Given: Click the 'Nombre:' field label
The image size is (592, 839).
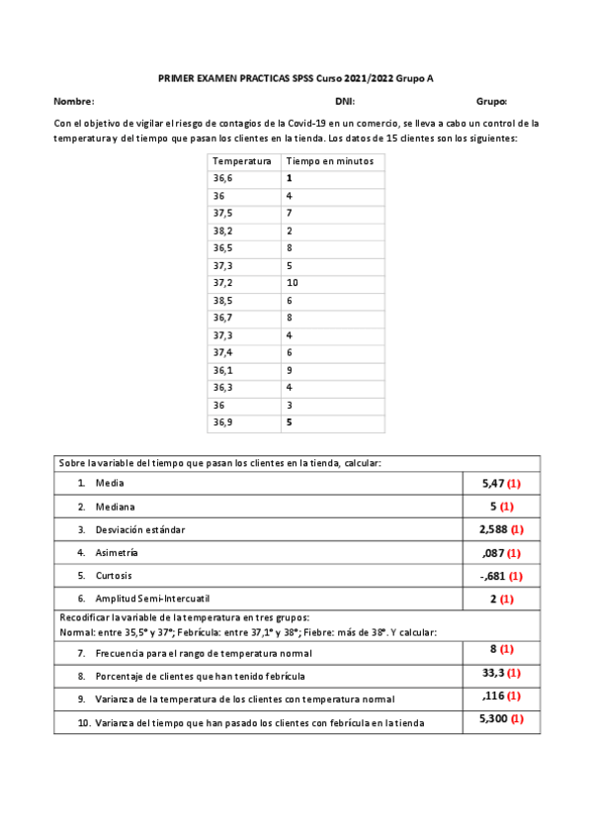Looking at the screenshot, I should click(x=74, y=101).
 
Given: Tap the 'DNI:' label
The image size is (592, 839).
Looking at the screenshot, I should click(x=345, y=101).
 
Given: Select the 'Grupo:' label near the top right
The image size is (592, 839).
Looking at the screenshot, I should click(x=491, y=101).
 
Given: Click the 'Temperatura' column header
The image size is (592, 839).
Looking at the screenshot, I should click(x=242, y=160).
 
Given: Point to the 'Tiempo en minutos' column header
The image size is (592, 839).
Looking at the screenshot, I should click(x=329, y=160).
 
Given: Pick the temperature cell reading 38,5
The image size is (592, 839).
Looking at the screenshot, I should click(x=224, y=300).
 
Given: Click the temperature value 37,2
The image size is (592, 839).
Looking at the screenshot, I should click(x=224, y=282).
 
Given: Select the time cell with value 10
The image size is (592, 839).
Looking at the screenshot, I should click(x=292, y=282).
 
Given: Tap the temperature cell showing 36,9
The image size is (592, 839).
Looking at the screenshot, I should click(x=224, y=422).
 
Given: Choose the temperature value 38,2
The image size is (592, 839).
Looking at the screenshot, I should click(x=224, y=230).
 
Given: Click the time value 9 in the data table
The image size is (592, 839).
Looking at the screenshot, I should click(x=289, y=370).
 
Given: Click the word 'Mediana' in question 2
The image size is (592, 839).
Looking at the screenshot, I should click(x=114, y=507).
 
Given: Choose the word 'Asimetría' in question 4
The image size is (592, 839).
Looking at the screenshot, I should click(x=117, y=552).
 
